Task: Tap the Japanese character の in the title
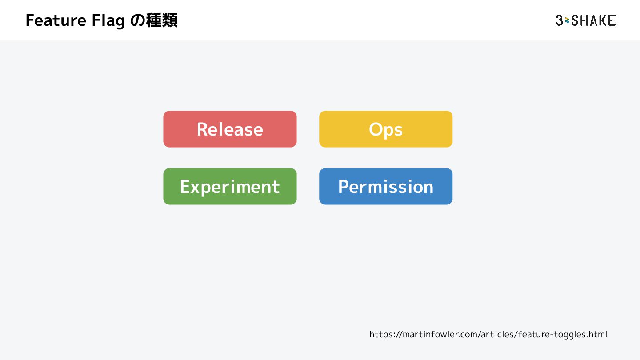(138, 21)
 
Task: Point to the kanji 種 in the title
(154, 21)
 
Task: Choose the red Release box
(230, 129)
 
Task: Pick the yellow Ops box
(386, 129)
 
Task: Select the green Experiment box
(230, 186)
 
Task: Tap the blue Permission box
(386, 186)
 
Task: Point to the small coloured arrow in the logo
(567, 20)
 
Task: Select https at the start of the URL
(379, 334)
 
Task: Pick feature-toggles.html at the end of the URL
(563, 334)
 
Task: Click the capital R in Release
(203, 129)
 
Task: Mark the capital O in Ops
(376, 129)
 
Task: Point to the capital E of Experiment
(184, 187)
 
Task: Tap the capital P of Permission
(344, 187)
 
